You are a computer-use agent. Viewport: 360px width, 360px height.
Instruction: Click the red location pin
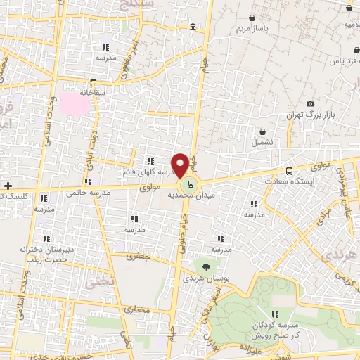181,165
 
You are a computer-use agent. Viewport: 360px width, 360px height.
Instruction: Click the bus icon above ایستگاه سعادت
289,171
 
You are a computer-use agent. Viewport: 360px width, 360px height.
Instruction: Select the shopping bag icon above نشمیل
263,131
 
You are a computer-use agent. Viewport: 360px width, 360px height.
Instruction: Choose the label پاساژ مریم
253,30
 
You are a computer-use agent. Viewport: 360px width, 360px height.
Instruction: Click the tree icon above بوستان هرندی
205,266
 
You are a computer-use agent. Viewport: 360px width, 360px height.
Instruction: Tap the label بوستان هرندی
204,278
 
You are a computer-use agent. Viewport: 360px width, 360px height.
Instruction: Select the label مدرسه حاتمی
87,190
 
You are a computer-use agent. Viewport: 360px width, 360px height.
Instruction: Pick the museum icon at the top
192,27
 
